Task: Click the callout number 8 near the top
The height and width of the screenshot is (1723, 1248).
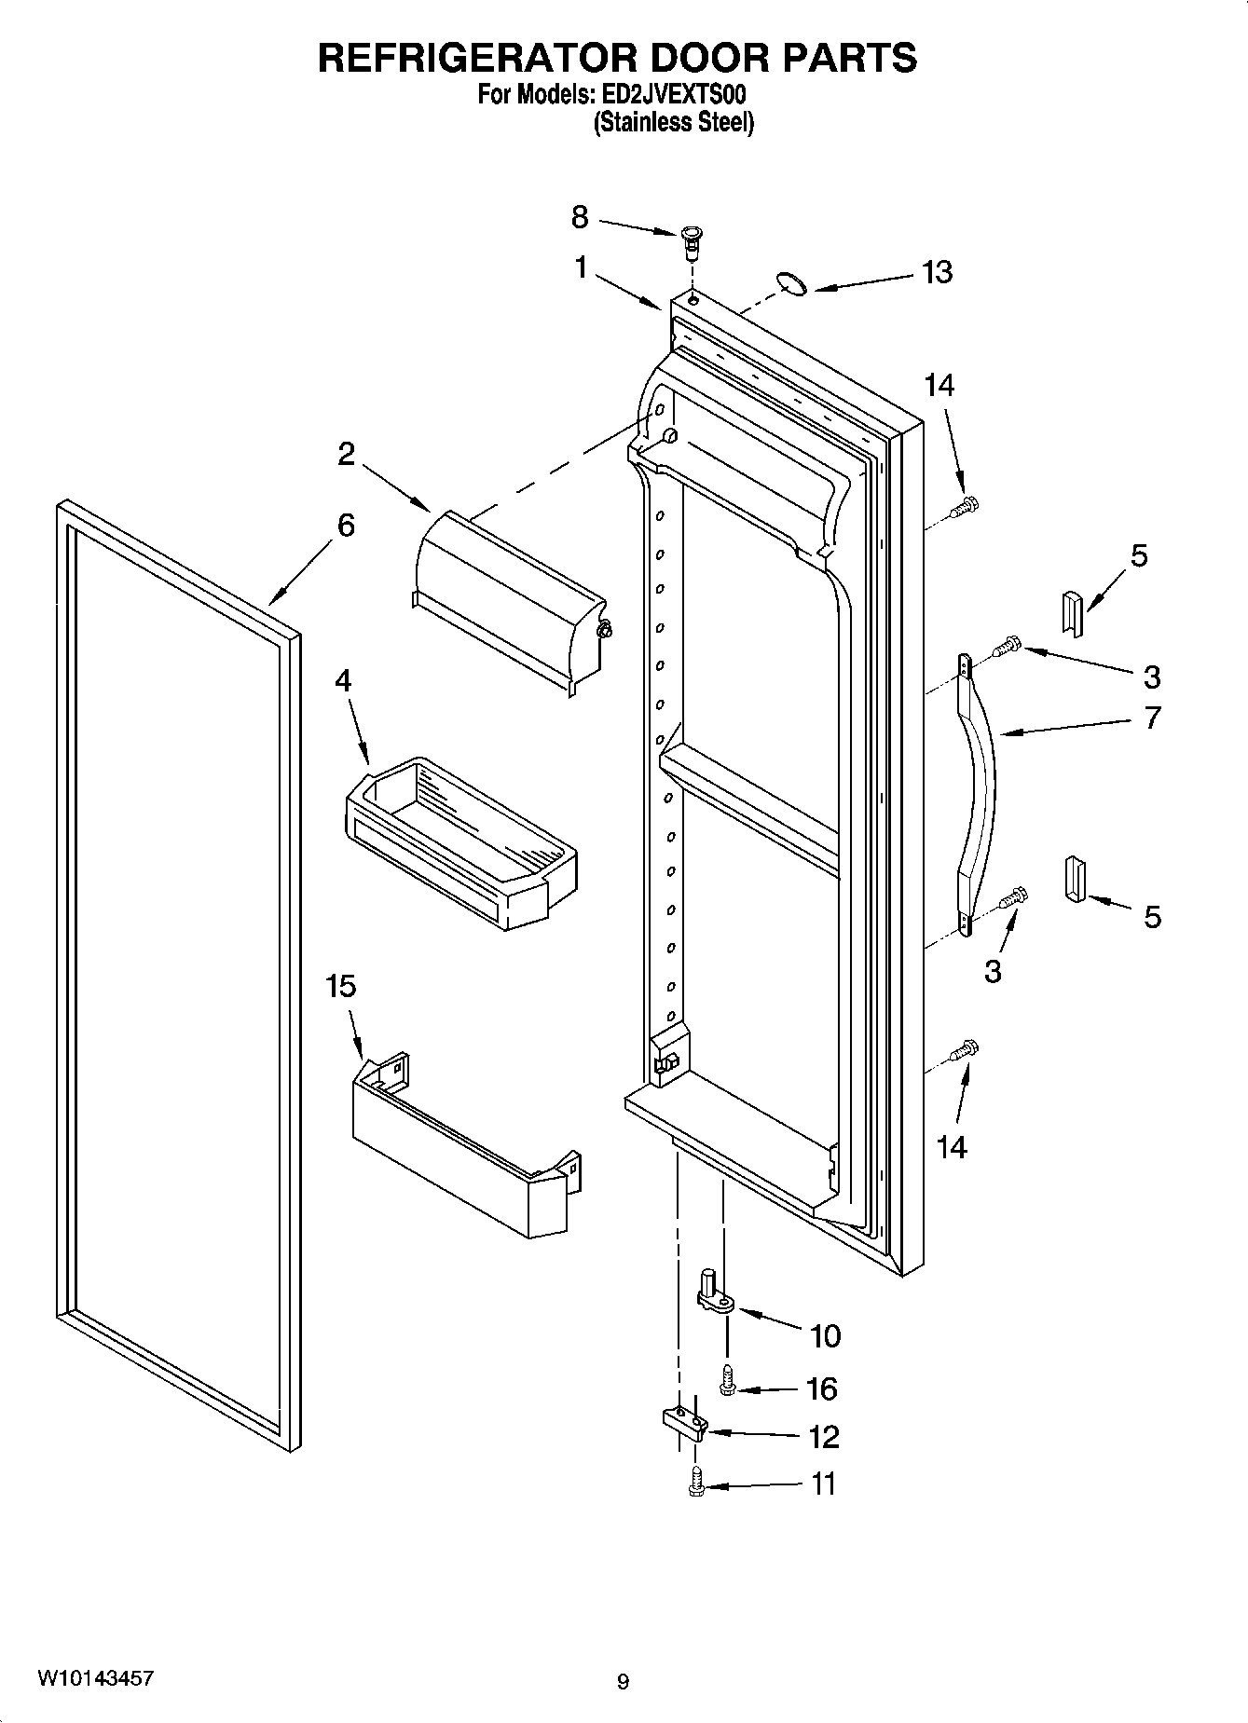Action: (x=580, y=218)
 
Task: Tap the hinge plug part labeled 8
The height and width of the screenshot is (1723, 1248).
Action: (x=692, y=240)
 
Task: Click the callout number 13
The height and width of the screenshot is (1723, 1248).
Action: (x=937, y=272)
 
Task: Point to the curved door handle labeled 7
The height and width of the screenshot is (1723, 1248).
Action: (x=979, y=792)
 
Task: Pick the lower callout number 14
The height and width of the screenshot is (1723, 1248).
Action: (x=951, y=1147)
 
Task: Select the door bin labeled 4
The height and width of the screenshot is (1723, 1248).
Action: (x=461, y=839)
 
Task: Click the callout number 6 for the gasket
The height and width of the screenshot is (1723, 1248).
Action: (x=346, y=526)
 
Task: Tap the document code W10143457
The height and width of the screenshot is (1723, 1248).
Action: (x=96, y=1678)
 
